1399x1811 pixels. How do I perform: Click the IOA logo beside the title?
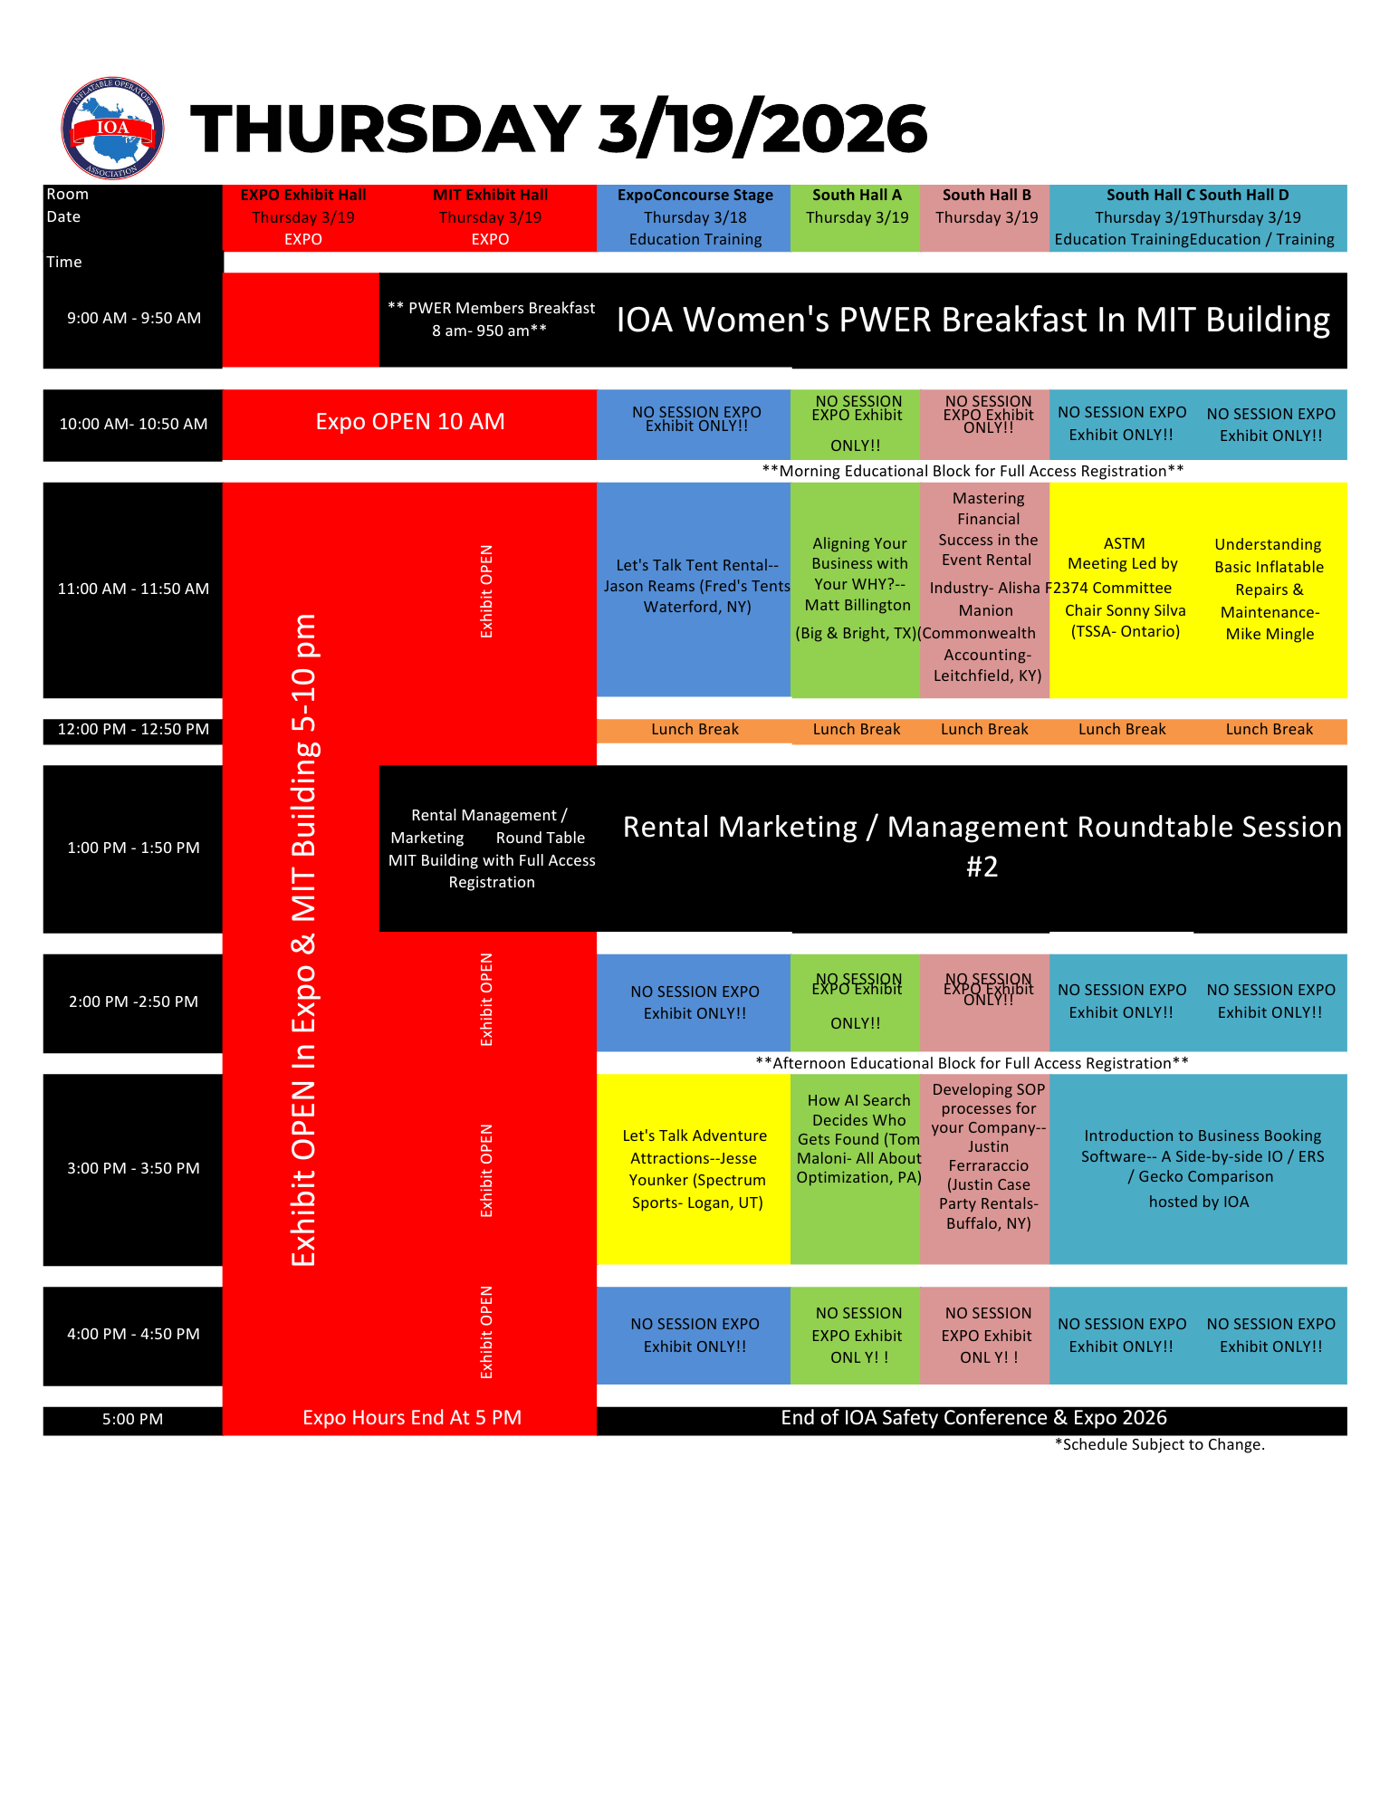tap(112, 129)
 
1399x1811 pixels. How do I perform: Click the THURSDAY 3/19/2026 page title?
tap(559, 128)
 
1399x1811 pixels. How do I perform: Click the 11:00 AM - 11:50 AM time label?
tap(133, 589)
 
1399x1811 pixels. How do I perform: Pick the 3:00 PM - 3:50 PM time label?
tap(133, 1168)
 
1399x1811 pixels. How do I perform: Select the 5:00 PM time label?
tap(132, 1419)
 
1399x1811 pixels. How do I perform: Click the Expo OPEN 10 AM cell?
tap(409, 422)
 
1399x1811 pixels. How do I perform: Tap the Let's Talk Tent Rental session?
tap(695, 586)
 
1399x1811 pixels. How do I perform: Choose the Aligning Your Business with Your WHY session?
tap(858, 587)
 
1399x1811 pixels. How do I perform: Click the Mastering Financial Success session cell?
tap(986, 587)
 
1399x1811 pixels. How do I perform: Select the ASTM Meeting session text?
tap(1124, 587)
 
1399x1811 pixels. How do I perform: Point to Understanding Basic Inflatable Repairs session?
tap(1269, 589)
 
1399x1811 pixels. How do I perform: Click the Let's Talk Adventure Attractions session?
tap(695, 1168)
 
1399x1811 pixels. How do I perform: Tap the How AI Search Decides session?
tap(858, 1138)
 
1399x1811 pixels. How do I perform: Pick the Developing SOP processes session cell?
tap(987, 1155)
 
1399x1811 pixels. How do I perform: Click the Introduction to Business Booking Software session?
tap(1201, 1167)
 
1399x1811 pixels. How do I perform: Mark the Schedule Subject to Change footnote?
tap(1159, 1444)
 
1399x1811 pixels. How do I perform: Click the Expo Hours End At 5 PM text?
tap(411, 1418)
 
